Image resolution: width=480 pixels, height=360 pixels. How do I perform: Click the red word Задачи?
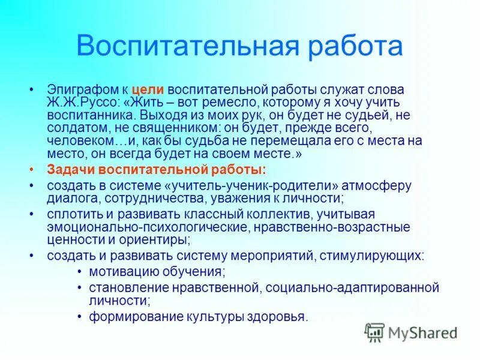(70, 170)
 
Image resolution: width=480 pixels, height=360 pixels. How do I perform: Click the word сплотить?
(71, 214)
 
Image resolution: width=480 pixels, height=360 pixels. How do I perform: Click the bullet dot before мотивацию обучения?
(80, 272)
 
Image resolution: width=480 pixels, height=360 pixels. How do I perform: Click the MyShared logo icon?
(374, 332)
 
